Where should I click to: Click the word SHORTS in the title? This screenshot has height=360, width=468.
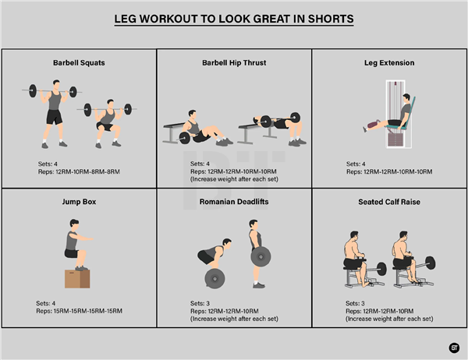coord(331,19)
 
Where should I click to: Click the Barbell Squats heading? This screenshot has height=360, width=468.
coord(79,63)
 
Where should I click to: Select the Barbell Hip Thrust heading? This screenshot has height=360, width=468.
coord(234,63)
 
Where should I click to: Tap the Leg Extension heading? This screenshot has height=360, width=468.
coord(389,63)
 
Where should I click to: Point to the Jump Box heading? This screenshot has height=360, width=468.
coord(79,202)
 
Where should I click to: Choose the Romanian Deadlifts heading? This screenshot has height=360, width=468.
coord(234,202)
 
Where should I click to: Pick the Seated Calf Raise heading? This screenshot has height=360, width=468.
coord(389,202)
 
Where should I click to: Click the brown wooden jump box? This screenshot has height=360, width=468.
coord(77,279)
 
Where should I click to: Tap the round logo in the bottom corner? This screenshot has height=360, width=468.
coord(454,348)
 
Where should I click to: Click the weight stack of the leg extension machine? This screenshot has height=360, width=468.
coord(395,139)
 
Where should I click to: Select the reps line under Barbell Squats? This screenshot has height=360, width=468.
coord(79,171)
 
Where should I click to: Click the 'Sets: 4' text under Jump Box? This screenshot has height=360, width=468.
coord(46,303)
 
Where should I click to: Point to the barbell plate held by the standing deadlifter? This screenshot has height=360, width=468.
coord(261,256)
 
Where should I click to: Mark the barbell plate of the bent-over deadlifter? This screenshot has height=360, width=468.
coord(214,279)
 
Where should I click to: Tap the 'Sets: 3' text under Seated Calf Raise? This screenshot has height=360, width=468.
coord(355,303)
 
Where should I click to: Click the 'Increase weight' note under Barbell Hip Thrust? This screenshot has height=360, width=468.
coord(234,179)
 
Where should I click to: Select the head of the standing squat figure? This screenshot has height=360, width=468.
coord(56,84)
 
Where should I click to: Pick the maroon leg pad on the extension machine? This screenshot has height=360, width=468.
coord(374,124)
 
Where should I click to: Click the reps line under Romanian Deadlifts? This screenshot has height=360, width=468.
coord(225,311)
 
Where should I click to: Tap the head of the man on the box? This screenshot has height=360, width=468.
coord(74,224)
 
